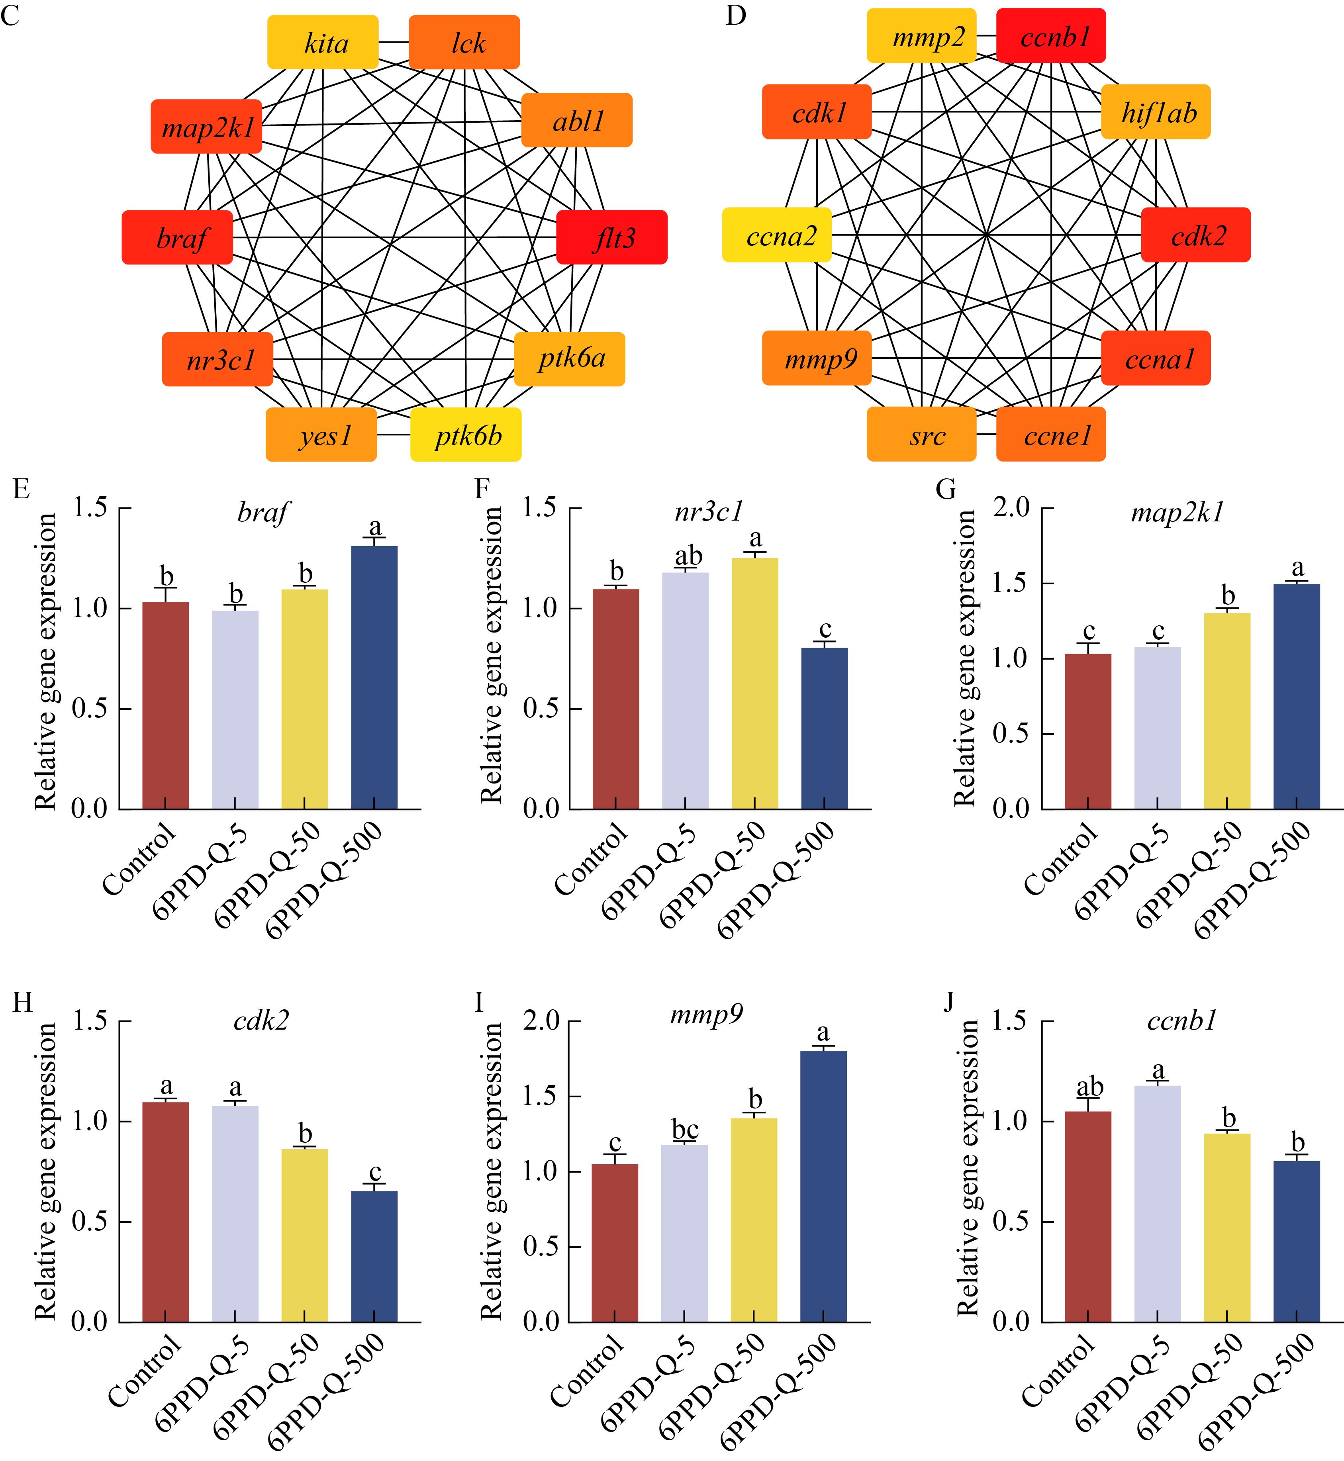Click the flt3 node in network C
pos(611,237)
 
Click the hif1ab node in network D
pos(1156,112)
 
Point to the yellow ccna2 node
pos(777,235)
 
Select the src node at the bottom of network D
pos(921,435)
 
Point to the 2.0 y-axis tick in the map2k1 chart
pos(1012,507)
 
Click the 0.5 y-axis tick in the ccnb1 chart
pos(1012,1222)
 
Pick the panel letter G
pos(945,490)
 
